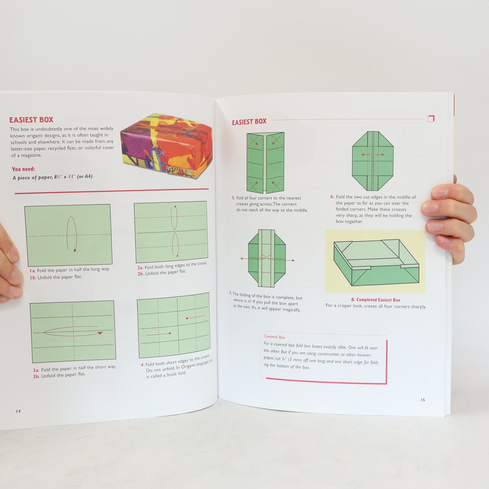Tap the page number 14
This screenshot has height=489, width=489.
point(18,411)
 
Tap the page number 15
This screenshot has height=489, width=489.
point(423,400)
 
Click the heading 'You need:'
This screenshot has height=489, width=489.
point(23,169)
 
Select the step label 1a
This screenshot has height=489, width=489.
point(32,271)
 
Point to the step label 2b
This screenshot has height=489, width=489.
point(141,274)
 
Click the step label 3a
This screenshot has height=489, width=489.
point(36,370)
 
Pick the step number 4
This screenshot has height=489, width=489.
point(142,365)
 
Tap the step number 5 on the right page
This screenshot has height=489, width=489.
point(234,198)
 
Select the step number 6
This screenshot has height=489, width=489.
point(332,197)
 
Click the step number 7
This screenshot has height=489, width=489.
point(230,294)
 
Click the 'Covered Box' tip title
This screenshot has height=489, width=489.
point(274,337)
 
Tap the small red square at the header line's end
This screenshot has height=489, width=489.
point(431,119)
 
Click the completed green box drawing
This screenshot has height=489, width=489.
point(376,263)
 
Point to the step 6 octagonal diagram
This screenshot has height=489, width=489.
point(373,161)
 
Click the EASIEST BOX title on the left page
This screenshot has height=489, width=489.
point(31,120)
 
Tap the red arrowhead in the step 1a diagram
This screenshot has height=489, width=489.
point(75,251)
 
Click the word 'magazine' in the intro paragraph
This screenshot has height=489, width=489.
point(31,155)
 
